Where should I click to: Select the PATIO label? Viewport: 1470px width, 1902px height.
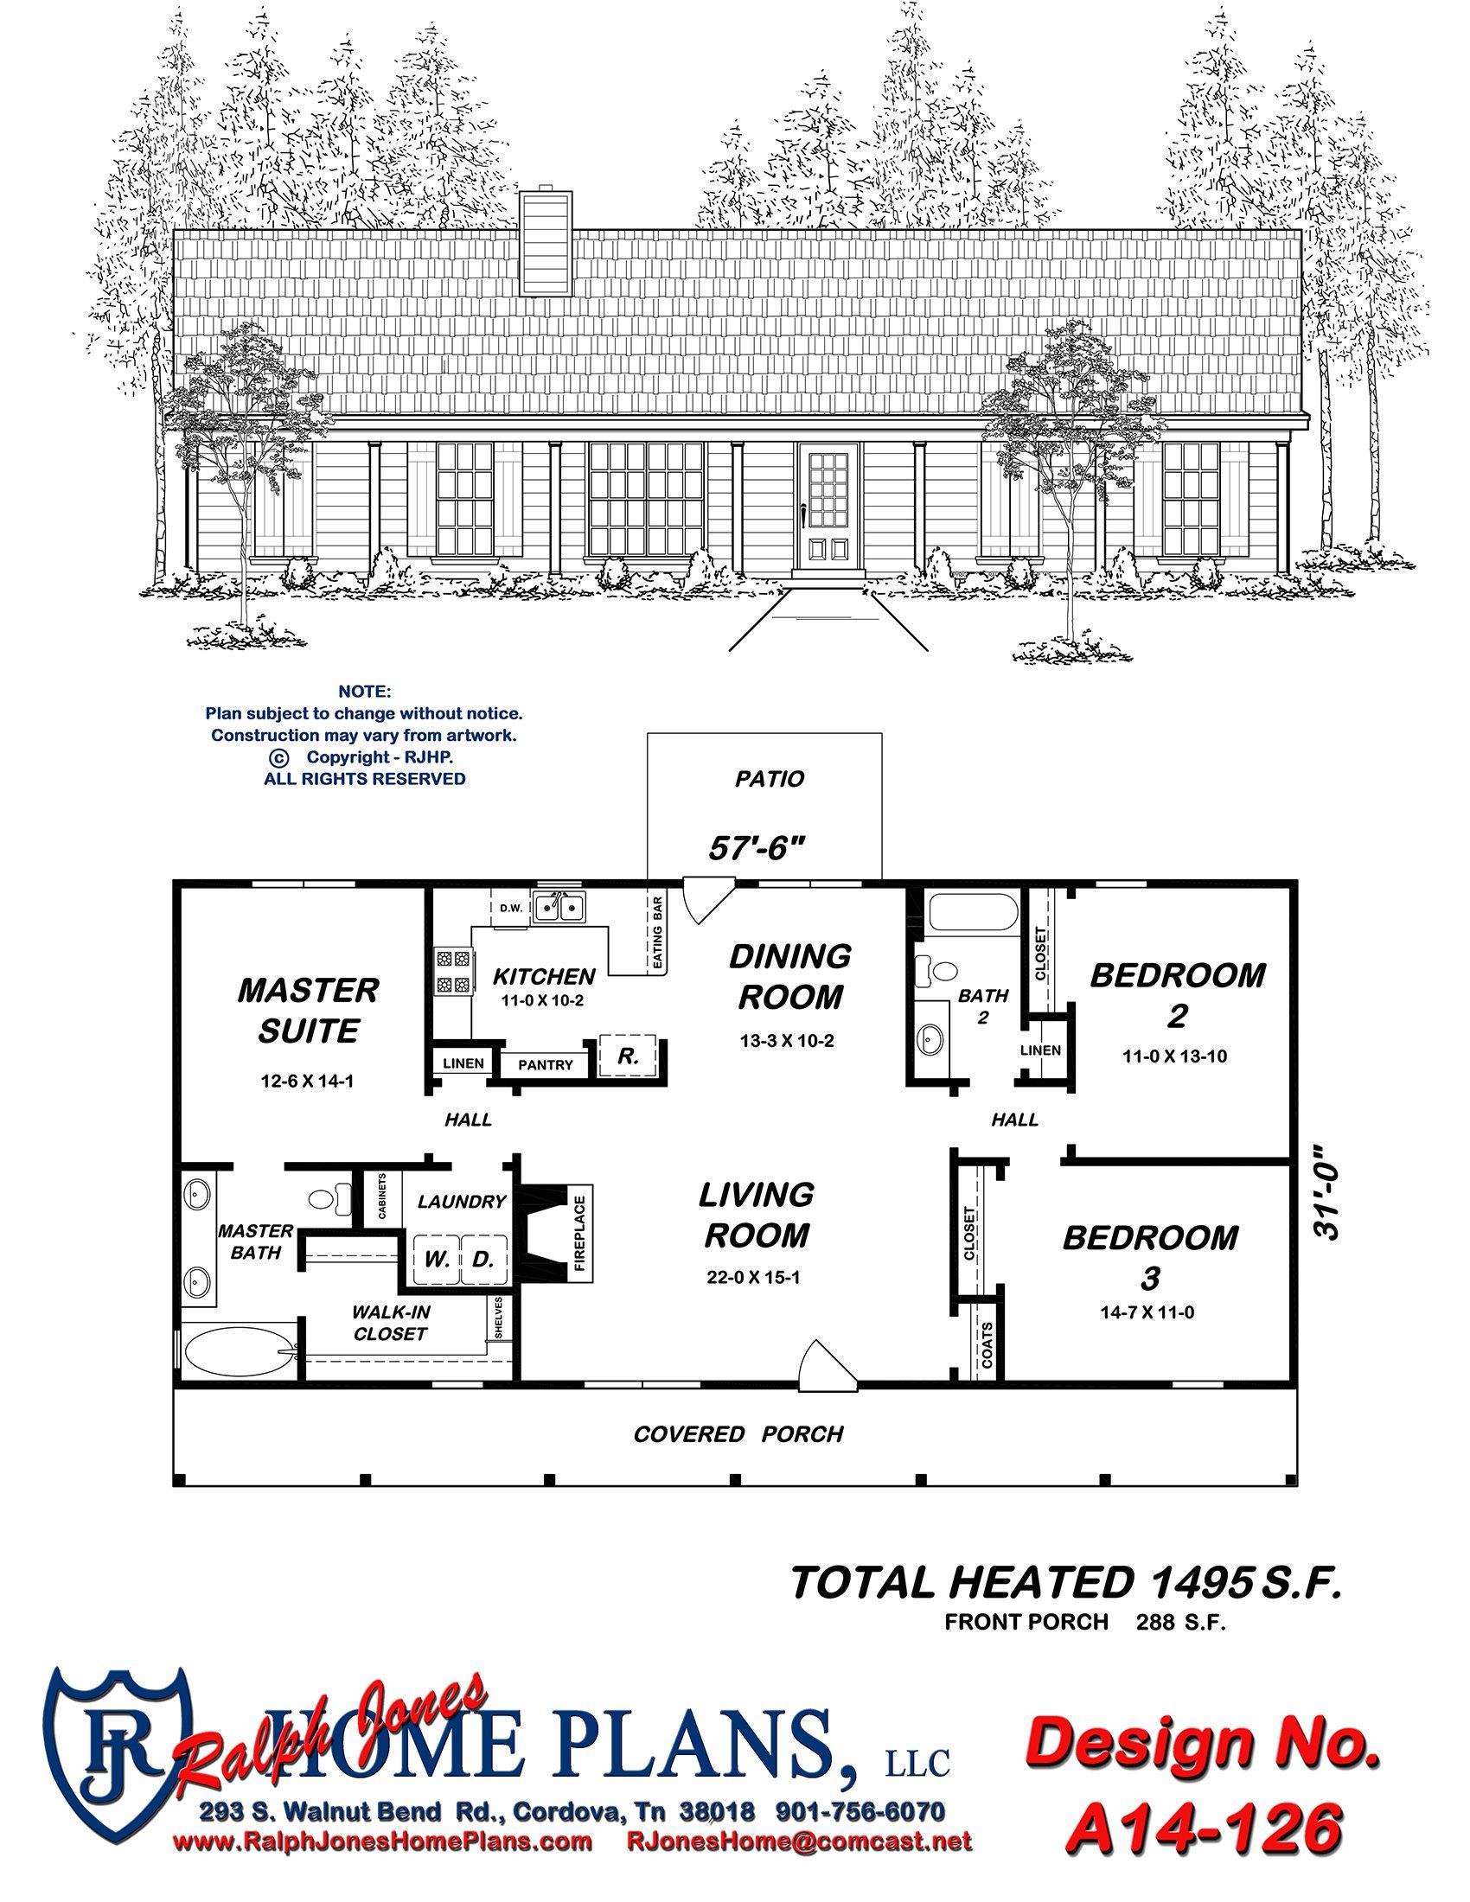click(770, 779)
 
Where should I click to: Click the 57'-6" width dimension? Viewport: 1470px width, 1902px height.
click(754, 848)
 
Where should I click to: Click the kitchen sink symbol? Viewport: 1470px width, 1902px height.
click(559, 908)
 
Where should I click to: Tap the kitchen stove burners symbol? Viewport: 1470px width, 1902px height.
click(454, 973)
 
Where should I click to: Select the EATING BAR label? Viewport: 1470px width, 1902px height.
click(658, 935)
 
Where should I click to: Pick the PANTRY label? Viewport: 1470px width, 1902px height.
click(546, 1064)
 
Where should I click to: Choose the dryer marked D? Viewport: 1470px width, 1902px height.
click(483, 1259)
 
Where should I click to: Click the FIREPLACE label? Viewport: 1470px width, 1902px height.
click(581, 1233)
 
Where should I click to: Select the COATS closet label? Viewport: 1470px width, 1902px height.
click(987, 1345)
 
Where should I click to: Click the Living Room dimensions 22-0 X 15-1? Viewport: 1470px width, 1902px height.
click(754, 1279)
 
